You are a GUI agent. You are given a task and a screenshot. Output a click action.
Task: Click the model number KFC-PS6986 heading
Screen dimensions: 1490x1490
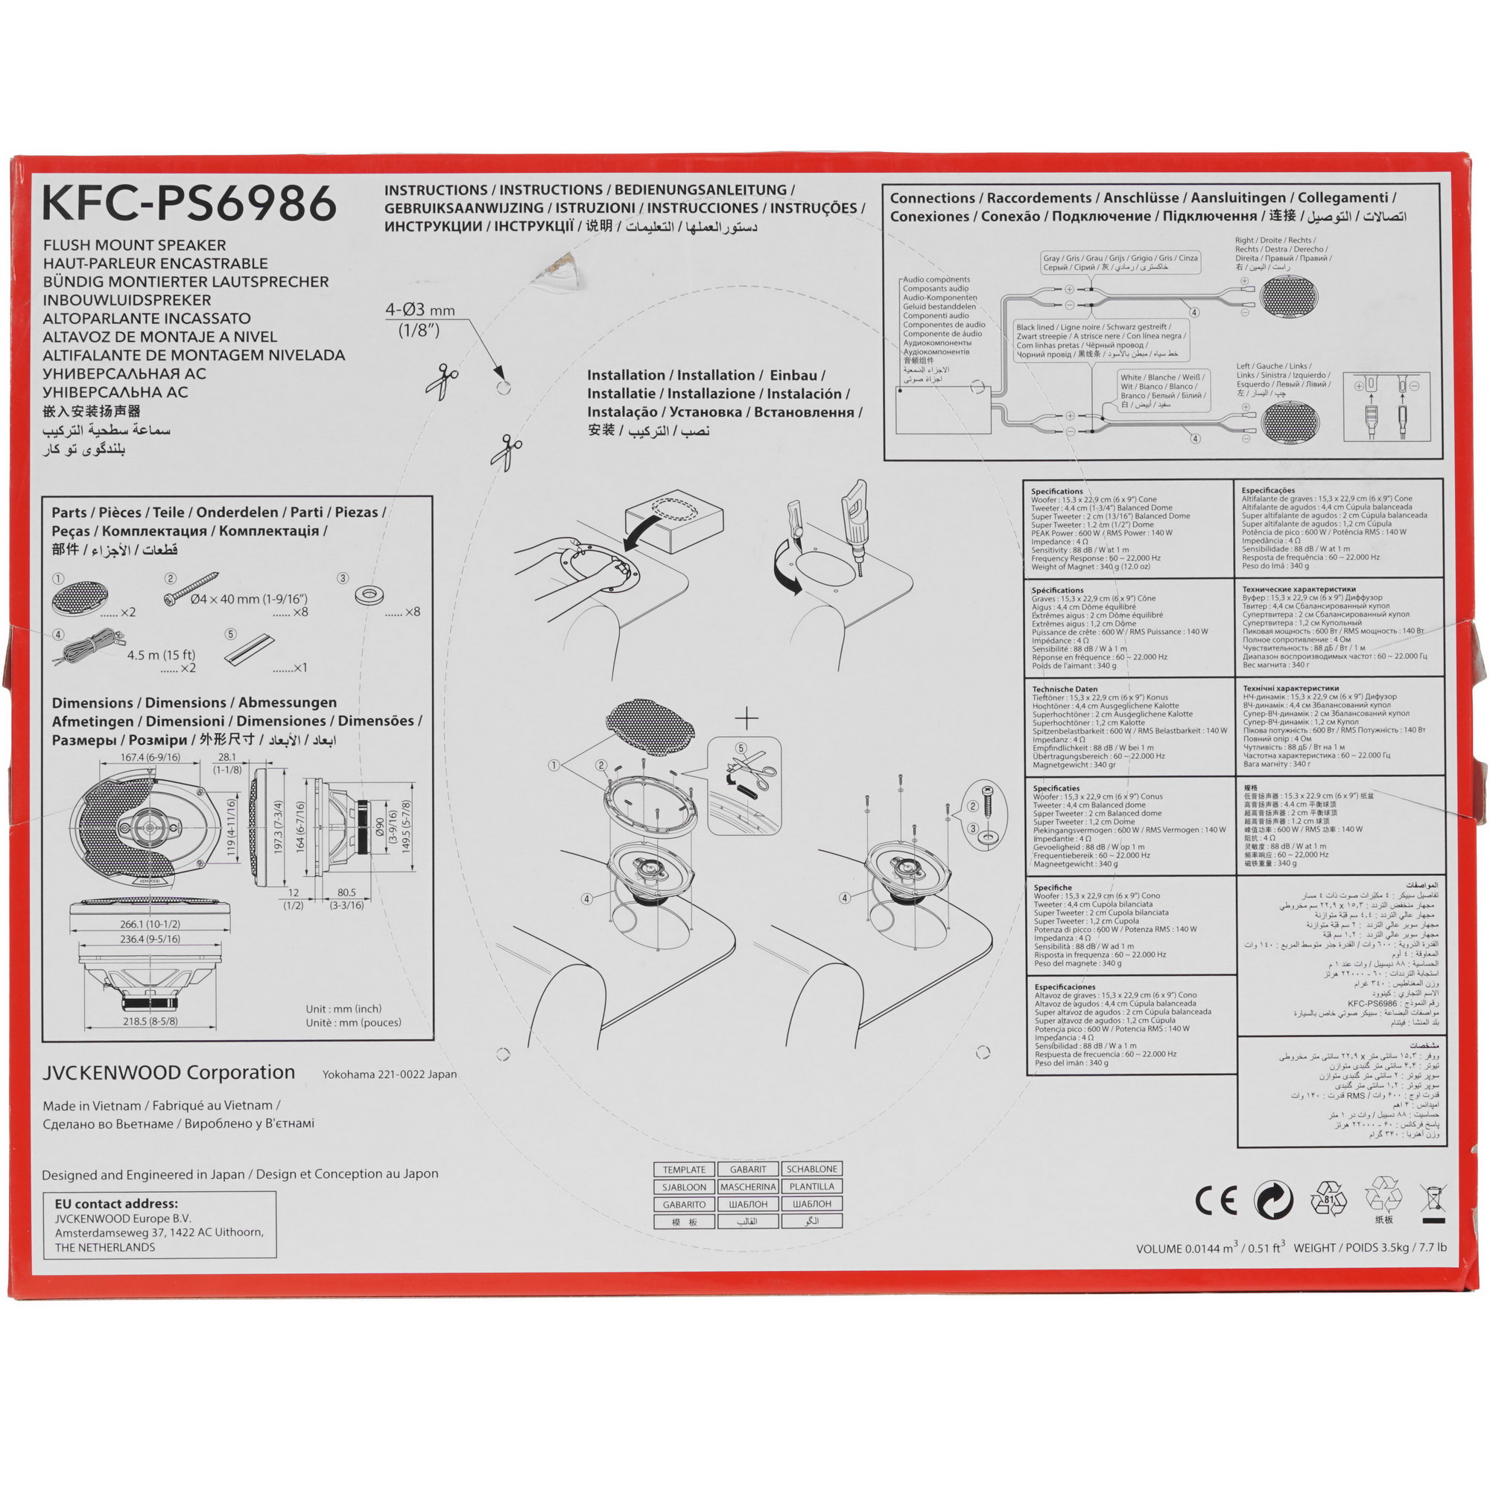189,203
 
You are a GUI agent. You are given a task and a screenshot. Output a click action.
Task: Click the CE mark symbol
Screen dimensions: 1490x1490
1217,1200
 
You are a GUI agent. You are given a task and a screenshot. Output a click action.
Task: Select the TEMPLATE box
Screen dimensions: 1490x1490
684,1169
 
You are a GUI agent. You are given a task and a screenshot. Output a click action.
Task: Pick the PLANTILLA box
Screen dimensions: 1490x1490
811,1186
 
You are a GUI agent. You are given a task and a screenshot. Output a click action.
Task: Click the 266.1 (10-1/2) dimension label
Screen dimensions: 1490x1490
150,924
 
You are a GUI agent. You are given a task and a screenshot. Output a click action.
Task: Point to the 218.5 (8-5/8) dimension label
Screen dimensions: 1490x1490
150,1021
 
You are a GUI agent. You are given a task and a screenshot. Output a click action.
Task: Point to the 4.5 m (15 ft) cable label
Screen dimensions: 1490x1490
161,655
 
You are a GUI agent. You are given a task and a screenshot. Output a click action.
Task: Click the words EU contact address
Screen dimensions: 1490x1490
116,1203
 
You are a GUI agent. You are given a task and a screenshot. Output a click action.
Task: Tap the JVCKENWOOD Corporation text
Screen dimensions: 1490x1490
168,1073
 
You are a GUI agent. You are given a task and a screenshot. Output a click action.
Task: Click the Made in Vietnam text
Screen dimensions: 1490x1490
92,1105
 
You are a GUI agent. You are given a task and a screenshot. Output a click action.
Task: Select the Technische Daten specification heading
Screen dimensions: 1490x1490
1065,688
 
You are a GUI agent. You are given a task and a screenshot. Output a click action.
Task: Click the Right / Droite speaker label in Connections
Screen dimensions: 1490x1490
1272,241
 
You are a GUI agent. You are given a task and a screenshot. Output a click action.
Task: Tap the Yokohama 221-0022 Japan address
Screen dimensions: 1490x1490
389,1074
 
